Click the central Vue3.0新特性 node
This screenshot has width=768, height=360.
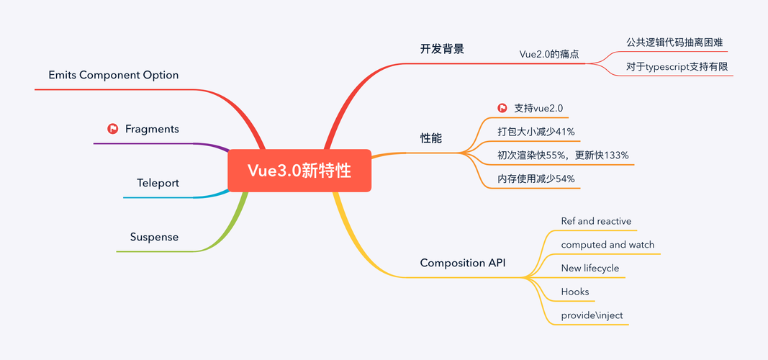[299, 171]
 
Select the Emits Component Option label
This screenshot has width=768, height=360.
[113, 75]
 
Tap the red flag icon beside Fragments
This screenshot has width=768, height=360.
[112, 129]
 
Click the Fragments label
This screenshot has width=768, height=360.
[152, 129]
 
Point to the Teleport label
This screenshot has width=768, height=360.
[158, 183]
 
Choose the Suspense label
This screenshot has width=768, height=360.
[154, 237]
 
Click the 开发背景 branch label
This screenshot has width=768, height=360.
[442, 49]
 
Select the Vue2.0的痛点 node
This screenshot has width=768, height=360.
[550, 55]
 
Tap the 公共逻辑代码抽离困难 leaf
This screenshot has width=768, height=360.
[665, 42]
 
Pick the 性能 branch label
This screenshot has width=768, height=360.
[430, 137]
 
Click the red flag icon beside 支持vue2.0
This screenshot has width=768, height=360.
[502, 108]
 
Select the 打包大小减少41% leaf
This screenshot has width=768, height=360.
[536, 131]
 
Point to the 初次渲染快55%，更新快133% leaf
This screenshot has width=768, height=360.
[563, 155]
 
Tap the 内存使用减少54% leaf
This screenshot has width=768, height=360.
[536, 179]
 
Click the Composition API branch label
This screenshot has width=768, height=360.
[462, 263]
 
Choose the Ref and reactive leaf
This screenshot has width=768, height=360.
[596, 221]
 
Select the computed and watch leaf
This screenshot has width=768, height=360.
[607, 245]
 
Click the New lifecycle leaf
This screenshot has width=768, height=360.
[589, 269]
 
